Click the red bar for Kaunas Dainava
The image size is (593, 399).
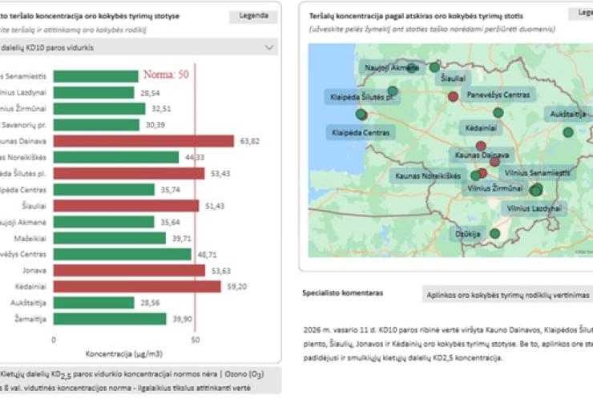(x=143, y=141)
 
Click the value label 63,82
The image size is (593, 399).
(x=250, y=141)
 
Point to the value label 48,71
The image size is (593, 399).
(x=208, y=254)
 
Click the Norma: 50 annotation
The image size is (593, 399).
(x=166, y=75)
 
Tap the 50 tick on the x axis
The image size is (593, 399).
(x=195, y=339)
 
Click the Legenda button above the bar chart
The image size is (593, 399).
(x=252, y=17)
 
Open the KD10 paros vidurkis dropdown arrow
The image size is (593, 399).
(x=268, y=47)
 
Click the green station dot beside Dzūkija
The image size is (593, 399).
(x=494, y=233)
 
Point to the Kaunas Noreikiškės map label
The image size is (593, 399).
(x=427, y=175)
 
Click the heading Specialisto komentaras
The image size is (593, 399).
(x=342, y=292)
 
